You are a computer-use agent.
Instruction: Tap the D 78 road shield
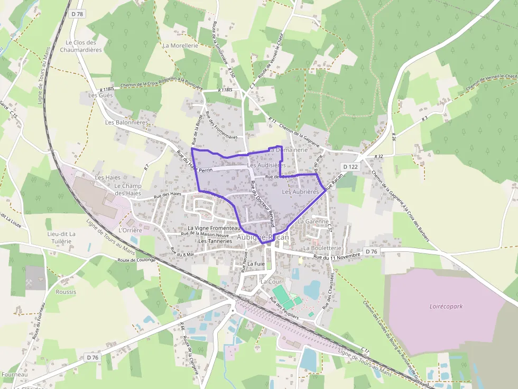[x=77, y=14]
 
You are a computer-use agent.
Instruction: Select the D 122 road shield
[x=350, y=167]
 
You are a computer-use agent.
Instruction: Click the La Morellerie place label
[x=180, y=46]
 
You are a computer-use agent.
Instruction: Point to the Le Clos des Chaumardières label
[x=80, y=46]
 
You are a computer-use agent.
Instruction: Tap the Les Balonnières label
[x=126, y=122]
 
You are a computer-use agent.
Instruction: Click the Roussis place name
[x=66, y=292]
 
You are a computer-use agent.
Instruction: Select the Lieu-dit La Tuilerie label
[x=61, y=238]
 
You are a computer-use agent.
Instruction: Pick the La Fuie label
[x=256, y=263]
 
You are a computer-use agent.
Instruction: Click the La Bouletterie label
[x=322, y=248]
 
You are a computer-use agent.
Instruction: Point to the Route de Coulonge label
[x=136, y=260]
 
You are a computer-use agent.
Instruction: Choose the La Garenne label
[x=313, y=222]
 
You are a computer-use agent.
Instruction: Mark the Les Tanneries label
[x=215, y=241]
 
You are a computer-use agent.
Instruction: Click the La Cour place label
[x=271, y=282]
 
